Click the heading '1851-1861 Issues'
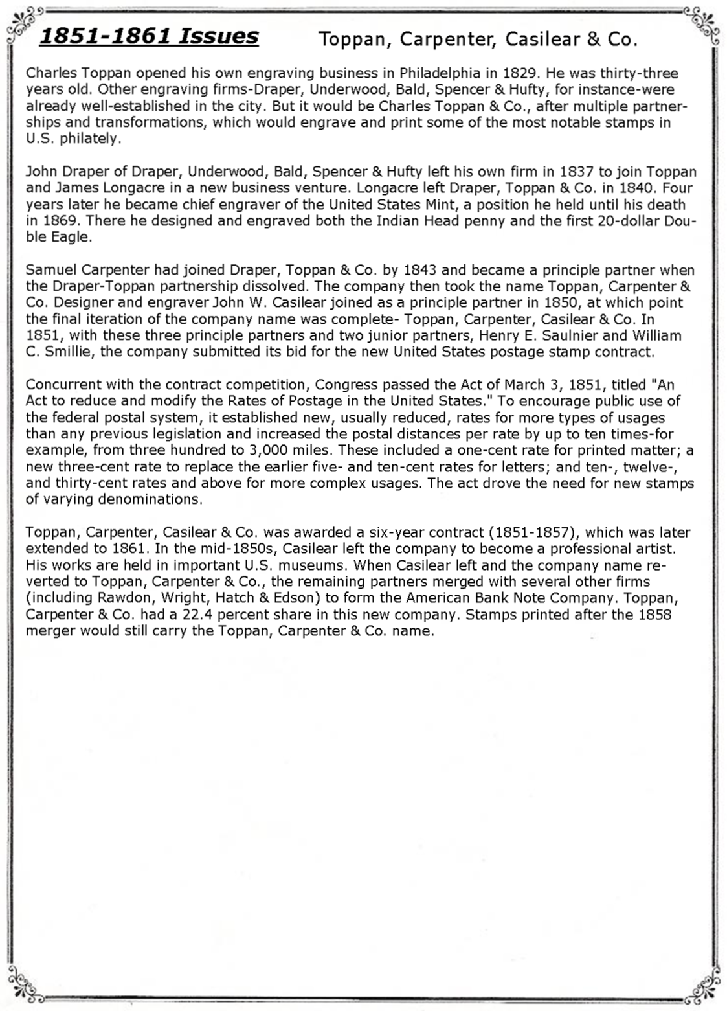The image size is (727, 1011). point(149,36)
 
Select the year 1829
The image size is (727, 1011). point(519,73)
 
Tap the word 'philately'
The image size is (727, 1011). point(90,139)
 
